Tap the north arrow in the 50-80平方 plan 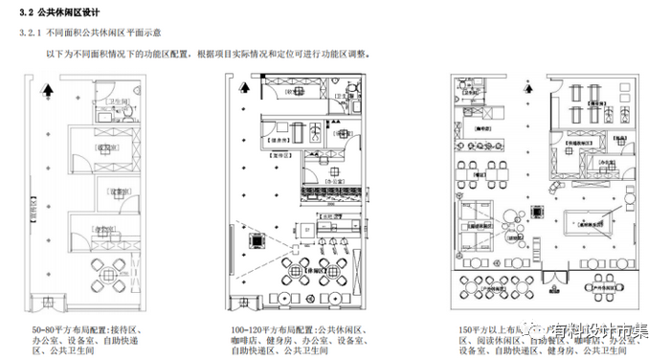(47, 93)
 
